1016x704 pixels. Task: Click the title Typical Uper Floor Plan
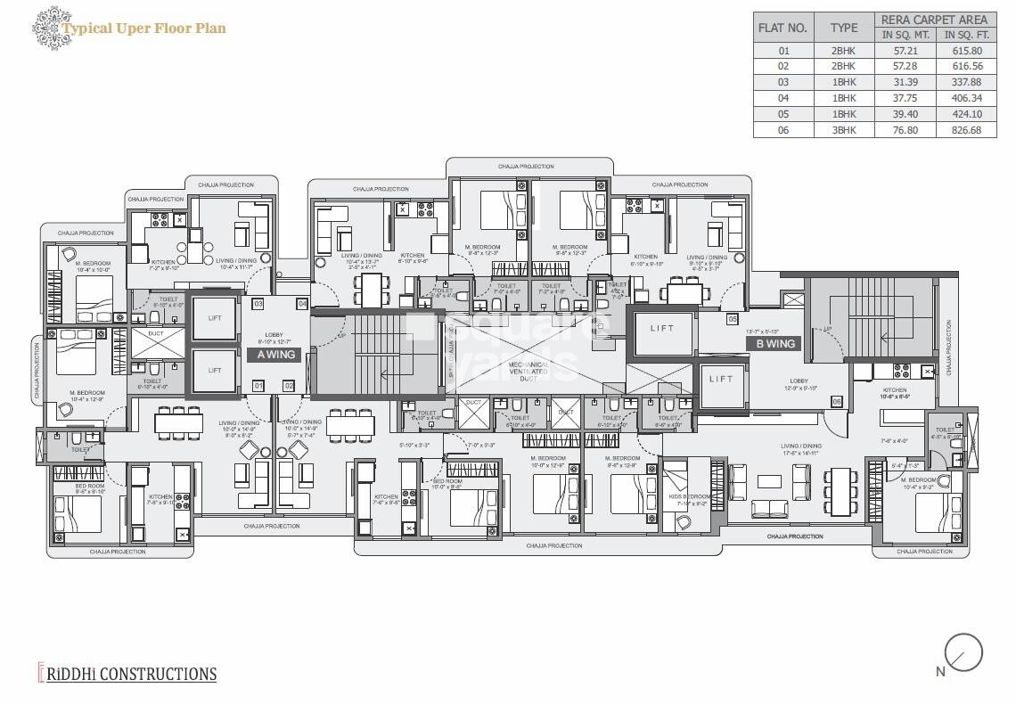pyautogui.click(x=143, y=29)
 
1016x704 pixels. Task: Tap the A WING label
pyautogui.click(x=274, y=355)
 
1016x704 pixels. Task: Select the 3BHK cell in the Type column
pyautogui.click(x=842, y=129)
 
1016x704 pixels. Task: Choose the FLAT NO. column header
pyautogui.click(x=782, y=27)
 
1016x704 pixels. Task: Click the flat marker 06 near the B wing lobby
pyautogui.click(x=837, y=402)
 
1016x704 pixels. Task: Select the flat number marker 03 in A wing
pyautogui.click(x=258, y=304)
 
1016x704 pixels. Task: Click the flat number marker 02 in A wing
pyautogui.click(x=289, y=386)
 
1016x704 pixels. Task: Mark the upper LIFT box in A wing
pyautogui.click(x=214, y=318)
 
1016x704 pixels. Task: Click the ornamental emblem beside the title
pyautogui.click(x=45, y=28)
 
